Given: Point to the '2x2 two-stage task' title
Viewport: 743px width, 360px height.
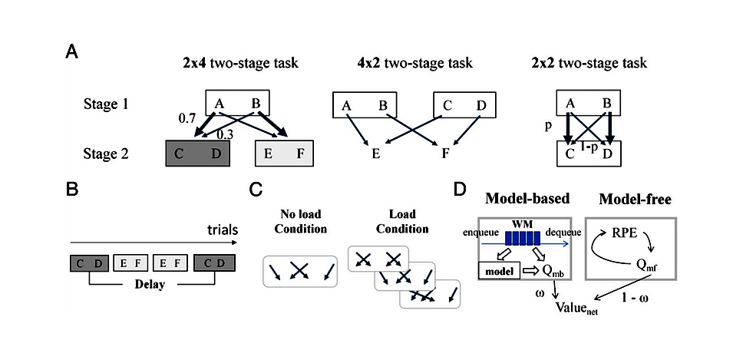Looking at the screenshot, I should coord(593,64).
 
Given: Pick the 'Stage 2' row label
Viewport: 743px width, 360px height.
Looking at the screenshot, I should coord(107,153).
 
